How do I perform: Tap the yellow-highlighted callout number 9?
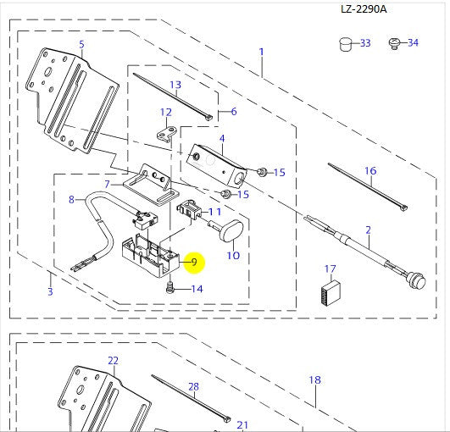pyautogui.click(x=194, y=262)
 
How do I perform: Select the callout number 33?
pyautogui.click(x=365, y=43)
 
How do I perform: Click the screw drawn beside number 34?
pyautogui.click(x=393, y=42)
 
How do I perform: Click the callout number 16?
pyautogui.click(x=369, y=171)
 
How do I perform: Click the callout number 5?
pyautogui.click(x=81, y=44)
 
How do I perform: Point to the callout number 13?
pyautogui.click(x=175, y=85)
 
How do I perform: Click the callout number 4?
pyautogui.click(x=221, y=138)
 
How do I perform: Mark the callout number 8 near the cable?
pyautogui.click(x=72, y=199)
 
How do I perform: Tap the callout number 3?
pyautogui.click(x=50, y=292)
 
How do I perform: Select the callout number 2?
pyautogui.click(x=368, y=230)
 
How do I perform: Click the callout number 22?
pyautogui.click(x=114, y=360)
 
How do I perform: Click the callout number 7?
pyautogui.click(x=108, y=184)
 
